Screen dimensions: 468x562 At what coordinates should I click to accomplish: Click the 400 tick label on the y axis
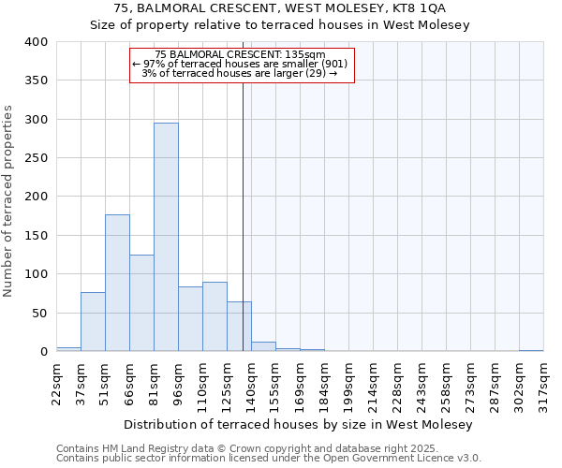click(x=35, y=42)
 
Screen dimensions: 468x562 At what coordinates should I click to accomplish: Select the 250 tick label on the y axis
click(x=35, y=158)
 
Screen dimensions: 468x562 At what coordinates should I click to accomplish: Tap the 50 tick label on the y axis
click(x=38, y=313)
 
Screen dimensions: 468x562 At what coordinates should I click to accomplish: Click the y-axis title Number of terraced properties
click(x=9, y=200)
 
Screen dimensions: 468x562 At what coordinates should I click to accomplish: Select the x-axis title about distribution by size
click(x=300, y=424)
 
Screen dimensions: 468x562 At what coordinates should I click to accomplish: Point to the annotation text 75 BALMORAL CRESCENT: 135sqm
click(x=241, y=54)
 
